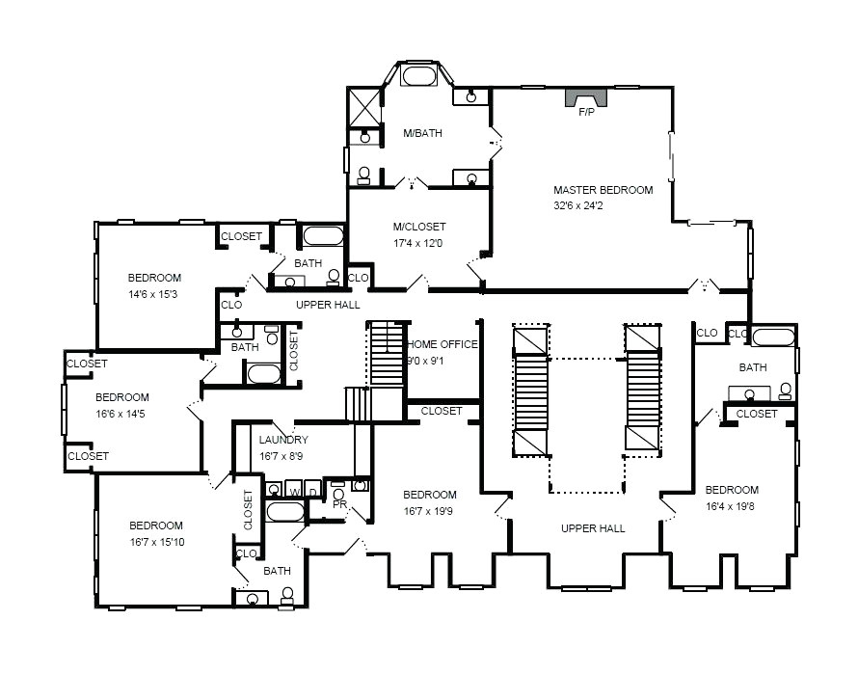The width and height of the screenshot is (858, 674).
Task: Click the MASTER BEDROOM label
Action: [x=603, y=190]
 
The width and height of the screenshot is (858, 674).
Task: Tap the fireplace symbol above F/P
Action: [x=586, y=97]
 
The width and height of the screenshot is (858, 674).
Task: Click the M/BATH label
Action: [x=422, y=133]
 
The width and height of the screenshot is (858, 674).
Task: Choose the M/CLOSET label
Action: [x=419, y=227]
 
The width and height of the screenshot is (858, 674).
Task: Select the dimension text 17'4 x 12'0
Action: [x=417, y=242]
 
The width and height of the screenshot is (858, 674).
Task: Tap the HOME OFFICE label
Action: [x=442, y=344]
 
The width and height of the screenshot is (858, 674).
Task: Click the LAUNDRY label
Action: [x=283, y=440]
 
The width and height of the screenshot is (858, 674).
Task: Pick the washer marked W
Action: [x=294, y=491]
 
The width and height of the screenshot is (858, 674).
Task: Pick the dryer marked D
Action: [x=312, y=491]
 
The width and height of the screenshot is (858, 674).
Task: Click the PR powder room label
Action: [x=338, y=503]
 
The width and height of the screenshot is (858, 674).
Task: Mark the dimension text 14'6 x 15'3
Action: [x=152, y=294]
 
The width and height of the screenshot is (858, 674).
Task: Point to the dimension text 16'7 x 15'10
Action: [x=157, y=541]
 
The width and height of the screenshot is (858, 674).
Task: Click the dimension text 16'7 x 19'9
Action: [x=430, y=511]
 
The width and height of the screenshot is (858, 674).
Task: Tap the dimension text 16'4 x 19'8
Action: [x=731, y=505]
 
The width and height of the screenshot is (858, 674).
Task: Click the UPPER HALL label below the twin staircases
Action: [x=593, y=528]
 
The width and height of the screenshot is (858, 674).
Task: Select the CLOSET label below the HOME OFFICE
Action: [x=442, y=411]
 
